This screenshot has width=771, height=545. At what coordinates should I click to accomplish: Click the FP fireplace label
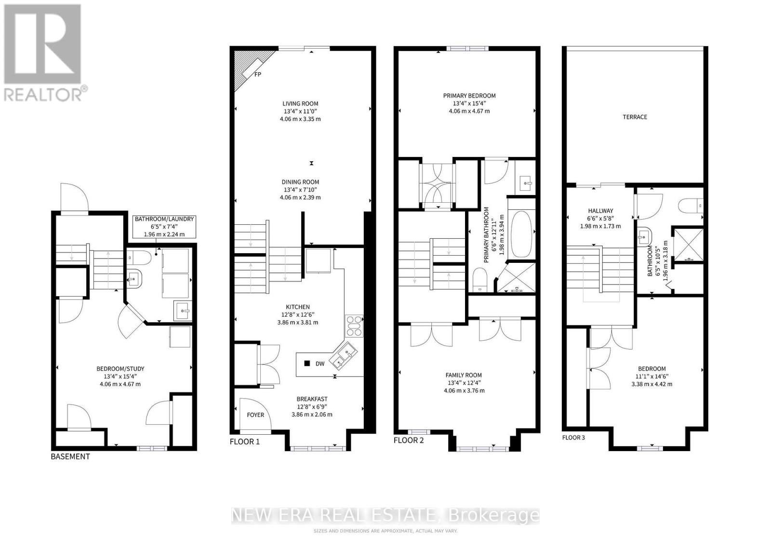(x=258, y=74)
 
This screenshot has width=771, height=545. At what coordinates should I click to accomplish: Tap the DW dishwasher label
(x=320, y=364)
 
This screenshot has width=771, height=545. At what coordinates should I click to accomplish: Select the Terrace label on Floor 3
(x=635, y=117)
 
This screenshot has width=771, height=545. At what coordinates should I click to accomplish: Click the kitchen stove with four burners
(x=354, y=325)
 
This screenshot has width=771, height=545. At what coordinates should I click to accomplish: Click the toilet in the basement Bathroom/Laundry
(x=139, y=257)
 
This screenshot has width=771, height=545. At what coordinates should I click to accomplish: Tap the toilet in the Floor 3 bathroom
(x=691, y=207)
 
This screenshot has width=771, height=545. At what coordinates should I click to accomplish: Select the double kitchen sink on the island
(x=344, y=355)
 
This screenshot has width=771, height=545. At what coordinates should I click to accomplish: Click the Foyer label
(x=255, y=415)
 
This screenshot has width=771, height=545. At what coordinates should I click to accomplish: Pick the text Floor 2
(x=409, y=440)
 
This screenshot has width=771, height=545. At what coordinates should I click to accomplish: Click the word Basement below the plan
(x=70, y=456)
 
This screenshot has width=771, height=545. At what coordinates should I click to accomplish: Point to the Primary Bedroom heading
(x=469, y=96)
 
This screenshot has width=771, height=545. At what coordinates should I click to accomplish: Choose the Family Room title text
(x=464, y=375)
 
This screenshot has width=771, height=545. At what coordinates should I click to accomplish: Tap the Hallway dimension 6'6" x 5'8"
(x=600, y=219)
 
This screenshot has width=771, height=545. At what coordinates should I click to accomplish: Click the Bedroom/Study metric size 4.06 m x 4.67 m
(x=120, y=384)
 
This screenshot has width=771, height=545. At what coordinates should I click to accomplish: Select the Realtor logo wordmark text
(x=43, y=94)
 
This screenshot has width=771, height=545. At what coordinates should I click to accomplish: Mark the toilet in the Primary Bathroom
(x=479, y=280)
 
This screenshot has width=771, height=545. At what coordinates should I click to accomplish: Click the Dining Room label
(x=300, y=182)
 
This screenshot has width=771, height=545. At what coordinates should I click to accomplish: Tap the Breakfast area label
(x=312, y=399)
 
